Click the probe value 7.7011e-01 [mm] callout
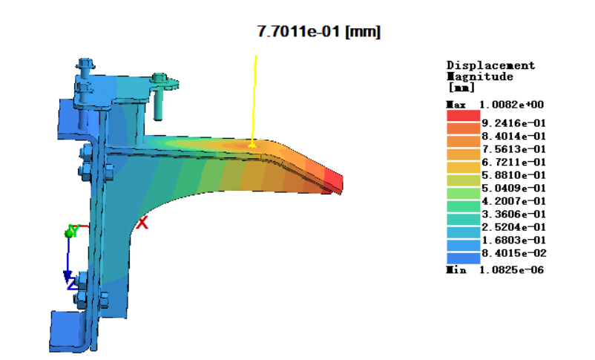click(x=319, y=31)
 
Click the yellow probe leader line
click(x=254, y=101)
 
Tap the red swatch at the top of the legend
click(x=464, y=116)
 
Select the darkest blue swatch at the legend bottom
click(x=464, y=258)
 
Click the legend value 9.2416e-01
click(x=514, y=123)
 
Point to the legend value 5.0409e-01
click(x=514, y=188)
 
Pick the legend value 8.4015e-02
click(x=514, y=253)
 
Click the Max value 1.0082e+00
click(x=511, y=105)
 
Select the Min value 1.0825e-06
click(x=511, y=270)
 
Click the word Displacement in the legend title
click(x=490, y=66)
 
